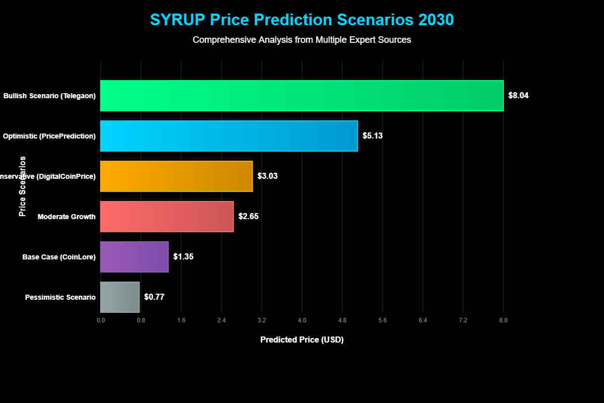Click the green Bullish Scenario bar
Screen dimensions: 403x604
[x=302, y=96]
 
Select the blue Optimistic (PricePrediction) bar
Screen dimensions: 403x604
[x=229, y=136]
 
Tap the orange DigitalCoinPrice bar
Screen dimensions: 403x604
[x=176, y=176]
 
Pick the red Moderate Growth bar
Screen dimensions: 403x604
[x=167, y=217]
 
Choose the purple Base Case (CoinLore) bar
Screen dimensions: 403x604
[x=134, y=257]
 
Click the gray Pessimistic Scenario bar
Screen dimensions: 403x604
[x=120, y=297]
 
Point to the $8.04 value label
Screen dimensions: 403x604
[x=518, y=96]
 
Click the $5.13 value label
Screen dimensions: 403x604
[x=372, y=136]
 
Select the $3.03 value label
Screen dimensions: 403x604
[x=267, y=176]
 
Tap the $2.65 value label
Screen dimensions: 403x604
[x=248, y=217]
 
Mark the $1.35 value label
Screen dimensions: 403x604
[x=183, y=257]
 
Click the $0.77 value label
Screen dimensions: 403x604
[x=154, y=297]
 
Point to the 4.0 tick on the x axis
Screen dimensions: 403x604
[x=302, y=320]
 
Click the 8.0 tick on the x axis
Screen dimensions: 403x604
[x=503, y=320]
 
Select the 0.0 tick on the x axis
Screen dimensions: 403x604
[x=101, y=320]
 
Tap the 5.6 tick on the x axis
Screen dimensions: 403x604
[x=383, y=320]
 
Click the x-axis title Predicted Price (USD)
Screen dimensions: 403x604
[x=302, y=340]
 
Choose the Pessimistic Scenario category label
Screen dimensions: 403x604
[x=60, y=297]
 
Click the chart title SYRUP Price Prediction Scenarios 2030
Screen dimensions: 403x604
[x=302, y=20]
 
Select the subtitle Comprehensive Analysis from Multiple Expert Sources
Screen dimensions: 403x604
[x=302, y=40]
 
